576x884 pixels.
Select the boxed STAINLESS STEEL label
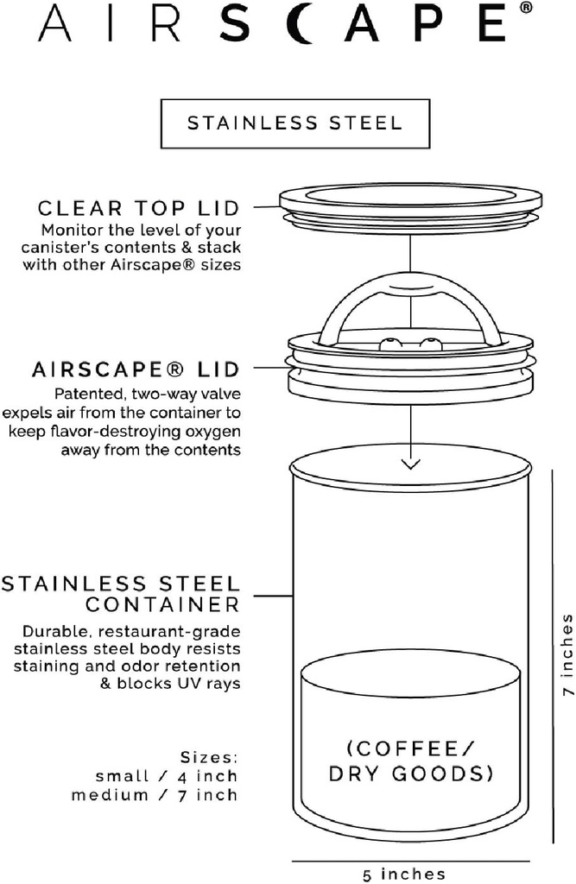294,123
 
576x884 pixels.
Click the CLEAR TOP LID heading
138,209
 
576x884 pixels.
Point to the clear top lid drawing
409,200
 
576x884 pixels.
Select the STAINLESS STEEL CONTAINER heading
120,593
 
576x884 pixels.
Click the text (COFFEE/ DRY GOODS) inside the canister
409,761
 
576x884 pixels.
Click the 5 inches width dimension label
404,875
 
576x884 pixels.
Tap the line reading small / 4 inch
168,776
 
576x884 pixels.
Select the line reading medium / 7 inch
155,794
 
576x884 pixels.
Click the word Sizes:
209,757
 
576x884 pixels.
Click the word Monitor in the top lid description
70,230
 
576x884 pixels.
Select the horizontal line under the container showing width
410,861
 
